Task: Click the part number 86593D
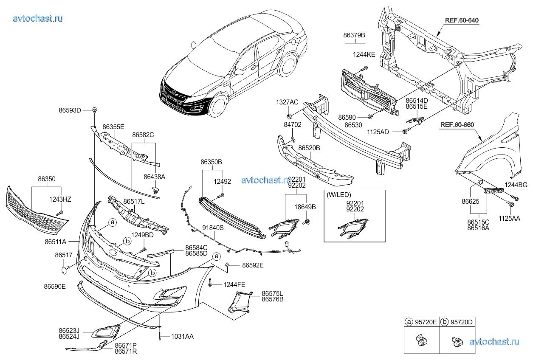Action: click(70, 110)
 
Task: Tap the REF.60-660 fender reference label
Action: click(457, 125)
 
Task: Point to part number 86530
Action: click(353, 126)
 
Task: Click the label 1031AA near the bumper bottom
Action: click(182, 336)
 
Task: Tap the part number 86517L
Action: click(134, 202)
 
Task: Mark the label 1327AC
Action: click(288, 102)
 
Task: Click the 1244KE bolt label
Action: click(364, 54)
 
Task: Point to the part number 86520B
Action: click(309, 148)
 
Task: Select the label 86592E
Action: click(253, 265)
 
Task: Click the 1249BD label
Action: click(143, 235)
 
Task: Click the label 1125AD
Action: click(378, 132)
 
